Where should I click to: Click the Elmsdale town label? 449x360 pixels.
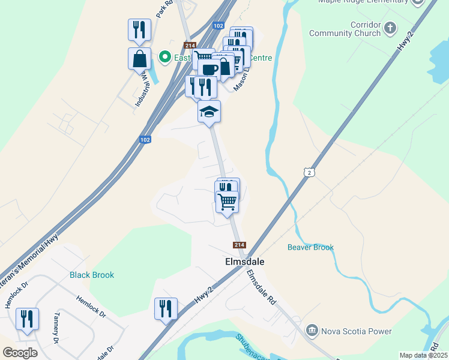pyautogui.click(x=244, y=262)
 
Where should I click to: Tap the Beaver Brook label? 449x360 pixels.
pyautogui.click(x=310, y=247)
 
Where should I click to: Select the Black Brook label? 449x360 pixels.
pyautogui.click(x=92, y=275)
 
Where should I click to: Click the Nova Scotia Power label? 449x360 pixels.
pyautogui.click(x=357, y=331)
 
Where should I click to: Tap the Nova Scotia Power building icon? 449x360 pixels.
pyautogui.click(x=312, y=331)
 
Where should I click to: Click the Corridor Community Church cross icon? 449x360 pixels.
pyautogui.click(x=390, y=28)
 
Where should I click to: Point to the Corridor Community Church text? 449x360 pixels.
pyautogui.click(x=345, y=29)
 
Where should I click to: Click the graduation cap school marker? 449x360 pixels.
pyautogui.click(x=209, y=112)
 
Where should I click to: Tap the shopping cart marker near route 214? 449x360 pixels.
pyautogui.click(x=227, y=201)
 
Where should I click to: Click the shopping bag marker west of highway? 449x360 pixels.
pyautogui.click(x=139, y=59)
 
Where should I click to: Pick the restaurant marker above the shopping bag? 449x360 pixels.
pyautogui.click(x=139, y=30)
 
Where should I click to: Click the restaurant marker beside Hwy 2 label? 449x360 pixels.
pyautogui.click(x=166, y=308)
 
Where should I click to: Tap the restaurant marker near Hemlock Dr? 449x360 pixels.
pyautogui.click(x=27, y=319)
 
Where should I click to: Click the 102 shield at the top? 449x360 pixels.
pyautogui.click(x=218, y=26)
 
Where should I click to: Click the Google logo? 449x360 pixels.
pyautogui.click(x=20, y=352)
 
